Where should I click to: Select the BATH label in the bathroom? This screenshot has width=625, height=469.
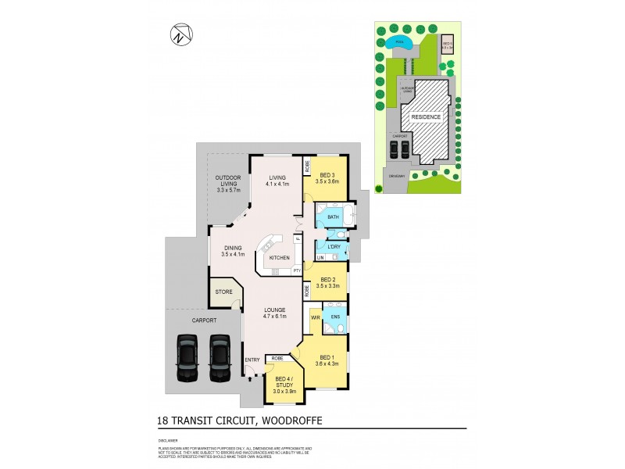pos(333,217)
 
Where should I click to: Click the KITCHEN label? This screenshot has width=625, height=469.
pos(280,257)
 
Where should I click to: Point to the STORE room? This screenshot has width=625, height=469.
pos(223,292)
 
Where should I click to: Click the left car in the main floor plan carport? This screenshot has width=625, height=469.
pos(188,357)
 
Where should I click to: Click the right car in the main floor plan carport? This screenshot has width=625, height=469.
pos(220,357)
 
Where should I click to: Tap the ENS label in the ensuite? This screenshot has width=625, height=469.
pos(335,317)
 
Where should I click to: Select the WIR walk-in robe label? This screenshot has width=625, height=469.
pos(316,318)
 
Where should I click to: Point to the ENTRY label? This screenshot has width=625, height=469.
pos(252,360)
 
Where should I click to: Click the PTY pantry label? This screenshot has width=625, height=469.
pos(297,270)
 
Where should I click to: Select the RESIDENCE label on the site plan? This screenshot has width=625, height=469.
pos(427,116)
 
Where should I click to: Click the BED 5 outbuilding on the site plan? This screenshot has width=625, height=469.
pos(448,44)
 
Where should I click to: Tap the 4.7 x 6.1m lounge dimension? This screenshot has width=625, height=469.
pos(273,317)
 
